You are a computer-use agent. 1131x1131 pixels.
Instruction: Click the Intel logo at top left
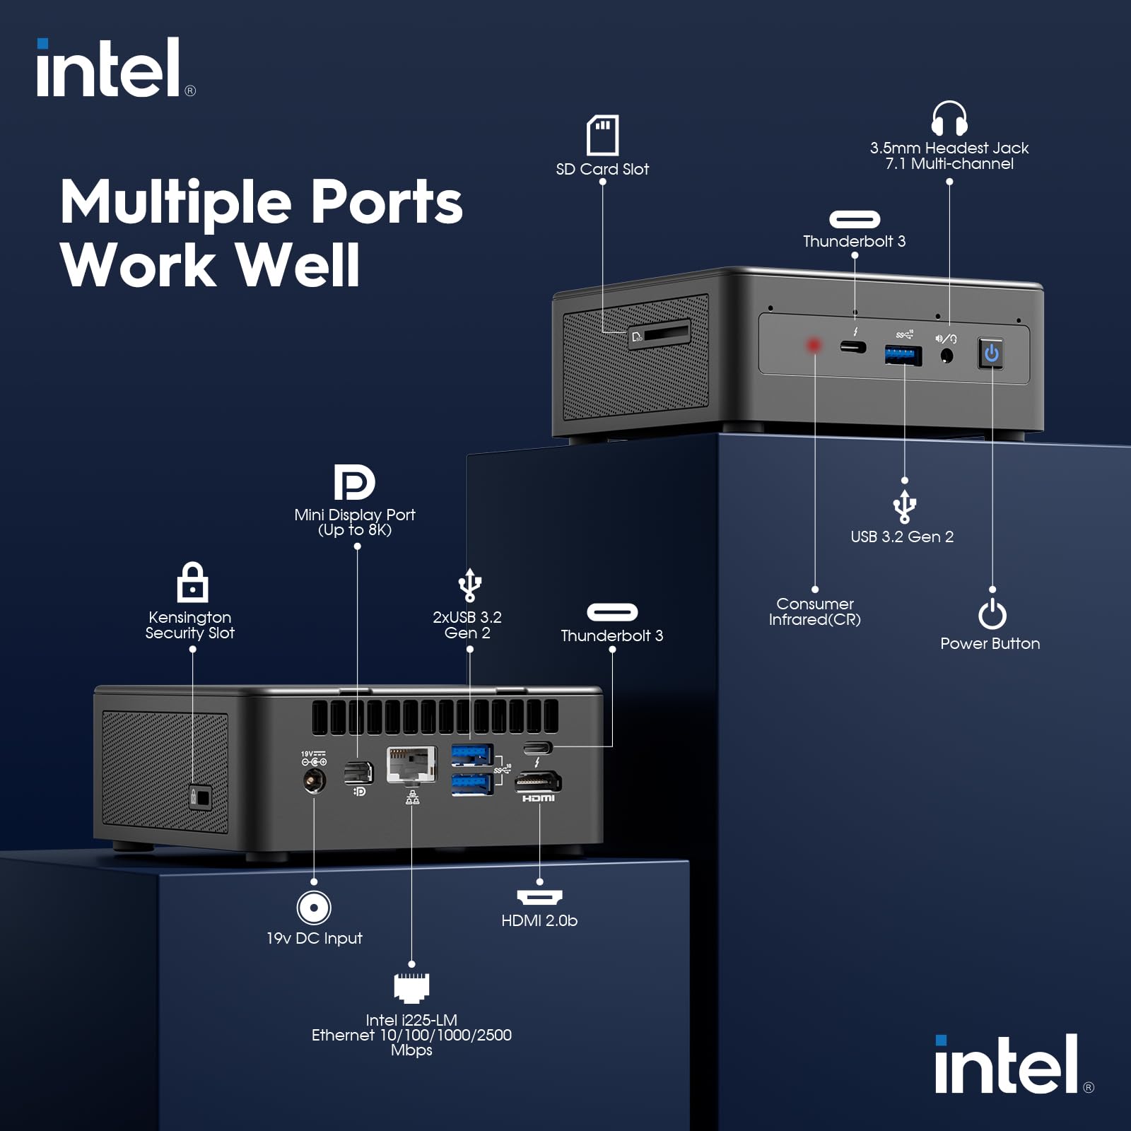click(113, 69)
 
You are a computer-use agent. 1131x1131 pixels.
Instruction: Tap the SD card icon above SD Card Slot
click(602, 135)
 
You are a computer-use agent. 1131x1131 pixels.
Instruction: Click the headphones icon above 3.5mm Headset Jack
click(949, 118)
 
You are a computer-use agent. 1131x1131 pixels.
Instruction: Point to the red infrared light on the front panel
click(814, 345)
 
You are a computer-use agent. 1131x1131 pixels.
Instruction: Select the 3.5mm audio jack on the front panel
click(947, 356)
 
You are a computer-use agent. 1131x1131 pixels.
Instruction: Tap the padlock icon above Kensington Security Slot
click(192, 582)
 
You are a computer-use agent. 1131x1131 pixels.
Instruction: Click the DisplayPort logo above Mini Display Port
click(354, 482)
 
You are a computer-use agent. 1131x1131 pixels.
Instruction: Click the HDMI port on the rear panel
click(539, 781)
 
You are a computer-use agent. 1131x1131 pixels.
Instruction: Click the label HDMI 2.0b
click(539, 920)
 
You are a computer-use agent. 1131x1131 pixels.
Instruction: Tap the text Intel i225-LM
click(411, 1019)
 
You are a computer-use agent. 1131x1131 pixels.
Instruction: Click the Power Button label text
click(990, 643)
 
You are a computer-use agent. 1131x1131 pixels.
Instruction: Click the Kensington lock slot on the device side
click(200, 797)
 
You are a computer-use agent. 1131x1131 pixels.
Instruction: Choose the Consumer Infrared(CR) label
click(814, 611)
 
